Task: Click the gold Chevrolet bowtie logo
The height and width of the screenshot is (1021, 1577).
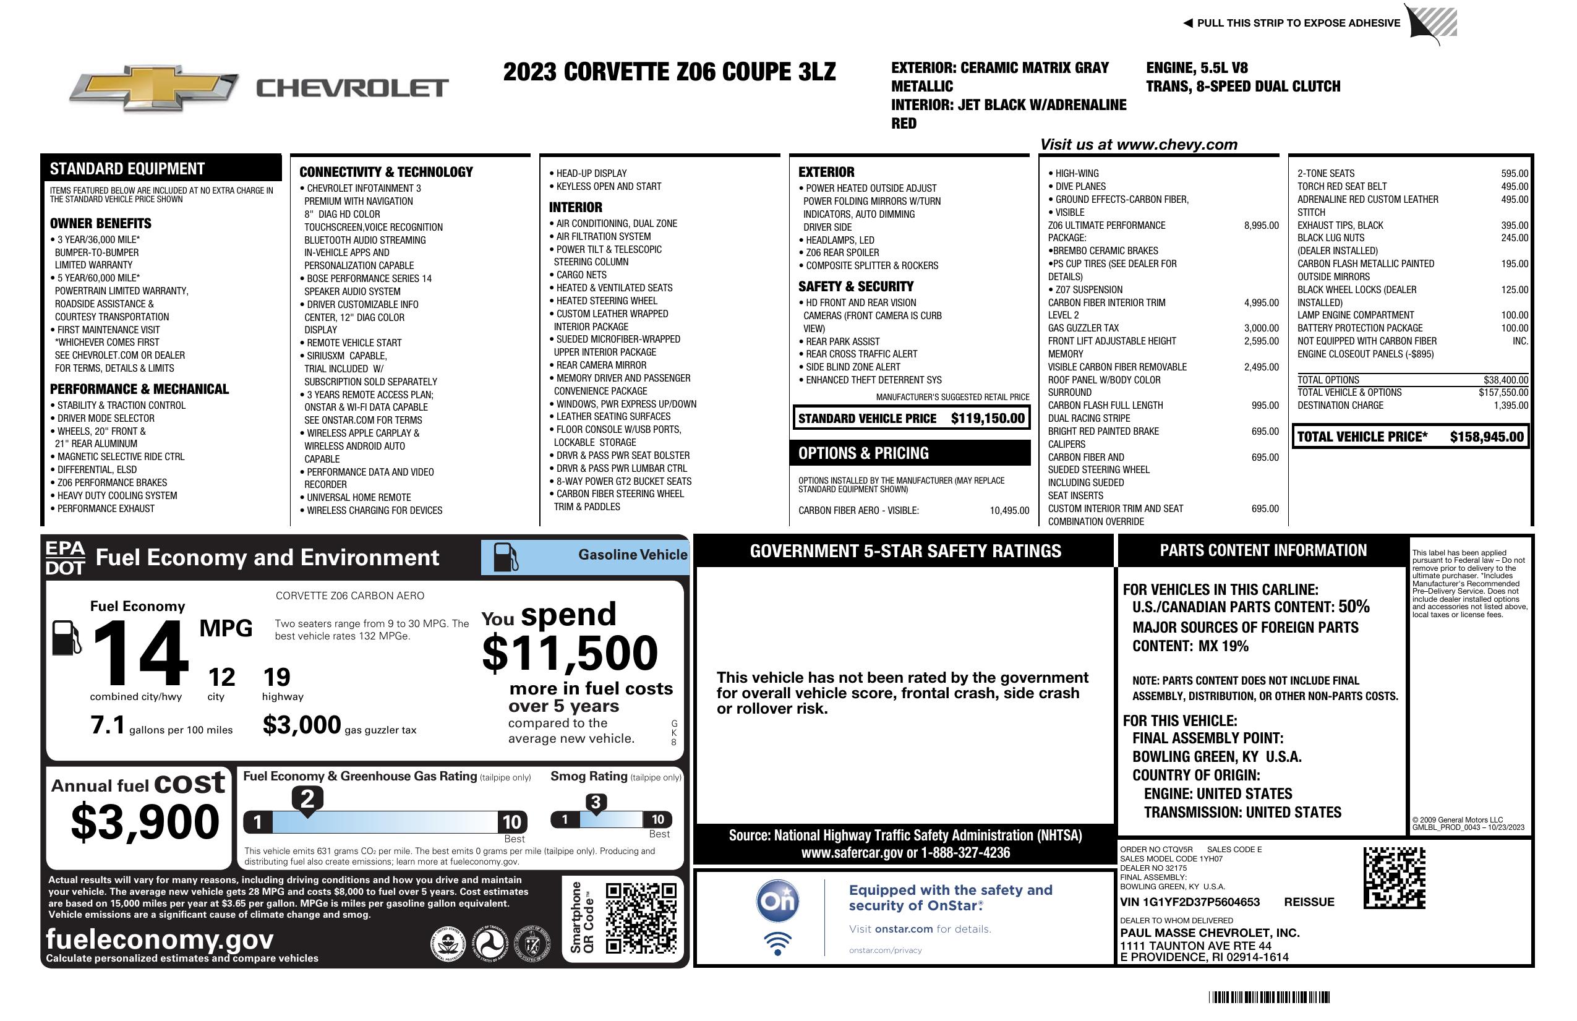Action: point(154,88)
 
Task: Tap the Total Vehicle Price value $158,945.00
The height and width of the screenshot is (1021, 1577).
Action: point(1486,437)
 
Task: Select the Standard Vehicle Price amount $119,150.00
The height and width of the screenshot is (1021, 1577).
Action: point(987,418)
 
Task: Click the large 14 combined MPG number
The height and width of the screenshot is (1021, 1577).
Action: point(140,652)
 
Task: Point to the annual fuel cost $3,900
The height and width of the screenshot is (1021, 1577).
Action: point(145,822)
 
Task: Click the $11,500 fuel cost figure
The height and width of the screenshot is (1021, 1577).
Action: point(570,653)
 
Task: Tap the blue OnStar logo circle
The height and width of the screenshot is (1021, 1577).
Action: point(777,901)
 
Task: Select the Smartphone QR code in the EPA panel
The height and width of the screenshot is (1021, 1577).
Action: point(641,918)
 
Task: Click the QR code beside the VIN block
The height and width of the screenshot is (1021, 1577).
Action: point(1394,878)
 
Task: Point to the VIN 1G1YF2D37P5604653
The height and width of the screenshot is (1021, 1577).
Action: point(1189,902)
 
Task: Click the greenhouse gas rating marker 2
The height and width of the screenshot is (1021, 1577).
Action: point(307,799)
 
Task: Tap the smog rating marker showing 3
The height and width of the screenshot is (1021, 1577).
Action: point(595,802)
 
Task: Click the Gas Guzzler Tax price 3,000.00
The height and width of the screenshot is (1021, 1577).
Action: point(1261,328)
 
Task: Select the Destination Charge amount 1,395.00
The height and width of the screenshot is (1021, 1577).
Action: point(1511,406)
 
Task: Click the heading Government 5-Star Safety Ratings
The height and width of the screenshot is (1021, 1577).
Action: point(905,551)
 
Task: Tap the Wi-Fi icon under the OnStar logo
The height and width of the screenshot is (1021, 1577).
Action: point(777,943)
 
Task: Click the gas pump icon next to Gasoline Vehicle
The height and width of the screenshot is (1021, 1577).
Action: point(506,557)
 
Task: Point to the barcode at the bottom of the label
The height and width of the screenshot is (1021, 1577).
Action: point(1269,997)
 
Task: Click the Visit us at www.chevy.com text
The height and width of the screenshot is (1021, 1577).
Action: point(1139,145)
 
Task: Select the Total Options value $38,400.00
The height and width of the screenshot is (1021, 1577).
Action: point(1505,380)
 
